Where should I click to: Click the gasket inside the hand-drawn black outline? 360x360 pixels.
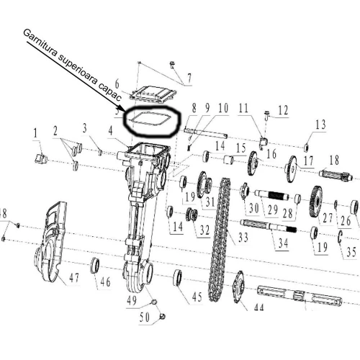click(x=149, y=119)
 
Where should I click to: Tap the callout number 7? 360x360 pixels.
click(x=189, y=78)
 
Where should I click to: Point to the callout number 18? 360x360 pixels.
click(x=333, y=159)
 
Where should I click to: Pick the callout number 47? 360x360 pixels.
click(x=74, y=278)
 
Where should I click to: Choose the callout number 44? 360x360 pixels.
click(x=257, y=308)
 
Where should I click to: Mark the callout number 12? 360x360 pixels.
click(x=282, y=110)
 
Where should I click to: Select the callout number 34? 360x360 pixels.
click(x=283, y=243)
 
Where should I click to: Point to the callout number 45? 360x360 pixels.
click(x=197, y=297)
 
